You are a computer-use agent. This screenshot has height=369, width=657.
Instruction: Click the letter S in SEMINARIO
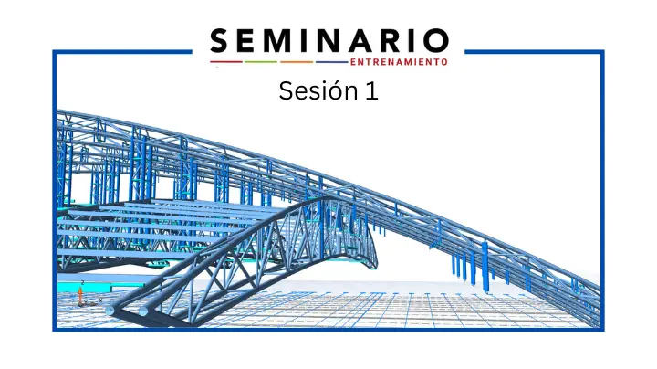220,41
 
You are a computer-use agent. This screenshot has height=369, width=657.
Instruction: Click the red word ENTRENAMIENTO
399,62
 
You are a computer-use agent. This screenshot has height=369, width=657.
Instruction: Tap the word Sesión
318,90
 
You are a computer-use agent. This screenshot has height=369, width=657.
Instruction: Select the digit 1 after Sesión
372,90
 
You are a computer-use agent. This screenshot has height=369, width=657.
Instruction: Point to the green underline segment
261,62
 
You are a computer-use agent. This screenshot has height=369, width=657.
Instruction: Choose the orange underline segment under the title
297,62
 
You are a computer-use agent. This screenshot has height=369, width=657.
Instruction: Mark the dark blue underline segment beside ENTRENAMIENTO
332,62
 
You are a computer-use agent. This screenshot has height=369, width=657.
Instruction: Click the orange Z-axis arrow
80,295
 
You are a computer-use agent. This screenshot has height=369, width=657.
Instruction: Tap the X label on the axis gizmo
100,300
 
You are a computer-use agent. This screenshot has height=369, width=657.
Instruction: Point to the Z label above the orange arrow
82,283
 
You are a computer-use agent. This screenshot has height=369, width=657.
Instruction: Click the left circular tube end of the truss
109,311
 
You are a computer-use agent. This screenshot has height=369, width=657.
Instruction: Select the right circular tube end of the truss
143,311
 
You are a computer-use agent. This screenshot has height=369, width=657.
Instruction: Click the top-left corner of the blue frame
54,51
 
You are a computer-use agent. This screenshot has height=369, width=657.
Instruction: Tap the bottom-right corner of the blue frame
602,330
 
